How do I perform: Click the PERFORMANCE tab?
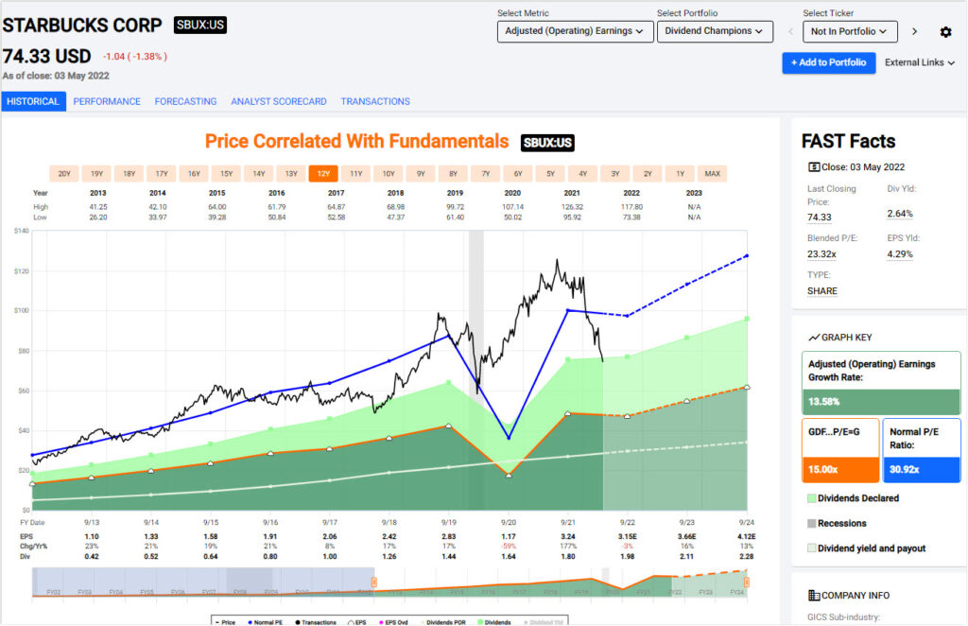107,101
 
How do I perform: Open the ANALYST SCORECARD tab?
279,101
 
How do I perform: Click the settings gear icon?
945,32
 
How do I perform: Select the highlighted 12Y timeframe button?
323,173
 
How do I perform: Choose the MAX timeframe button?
712,173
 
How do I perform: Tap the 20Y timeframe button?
64,173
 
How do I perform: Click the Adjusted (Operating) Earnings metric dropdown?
575,31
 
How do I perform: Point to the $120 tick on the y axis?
22,271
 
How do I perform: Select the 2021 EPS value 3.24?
568,535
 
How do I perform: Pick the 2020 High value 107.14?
511,206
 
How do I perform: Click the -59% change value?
509,547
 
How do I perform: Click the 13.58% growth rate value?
824,401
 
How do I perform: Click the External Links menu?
919,62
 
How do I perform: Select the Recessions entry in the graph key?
843,523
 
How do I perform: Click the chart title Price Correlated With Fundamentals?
356,142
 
